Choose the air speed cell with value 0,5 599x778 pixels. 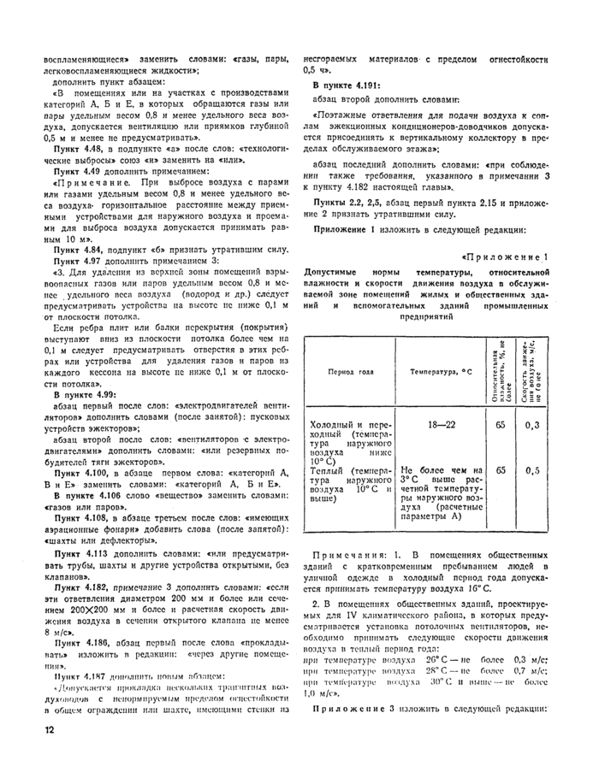pyautogui.click(x=532, y=470)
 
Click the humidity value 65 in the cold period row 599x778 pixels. pyautogui.click(x=501, y=425)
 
